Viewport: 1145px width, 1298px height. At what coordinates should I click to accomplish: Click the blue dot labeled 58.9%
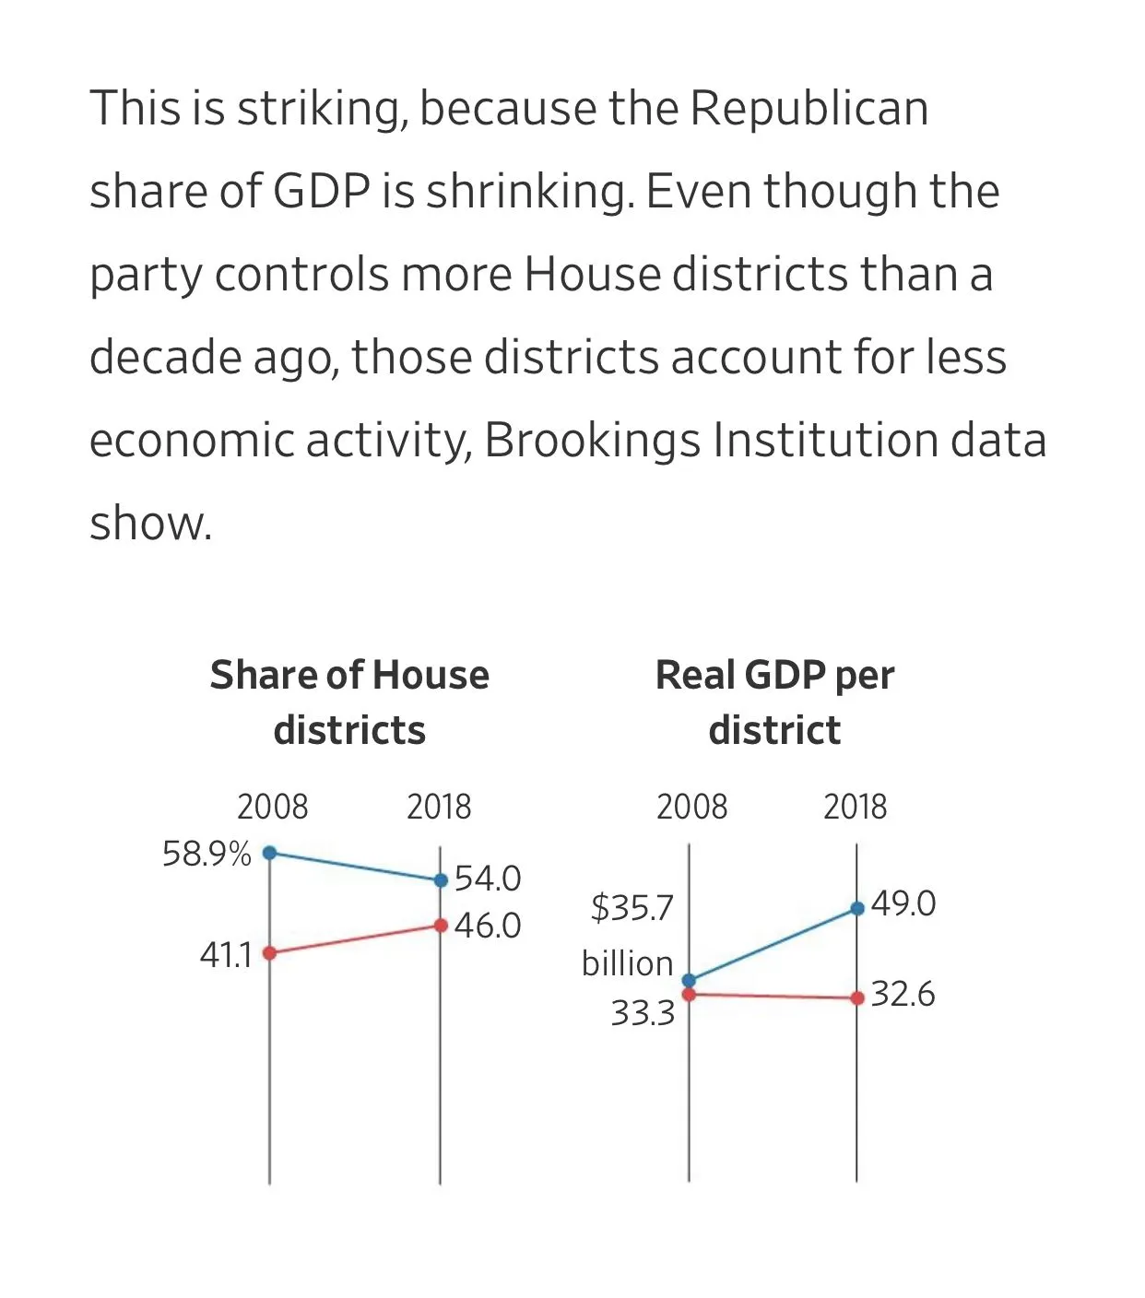tap(270, 853)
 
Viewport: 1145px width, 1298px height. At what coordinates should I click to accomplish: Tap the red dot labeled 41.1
tap(270, 953)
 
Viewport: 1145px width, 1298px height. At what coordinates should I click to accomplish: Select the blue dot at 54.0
tap(441, 880)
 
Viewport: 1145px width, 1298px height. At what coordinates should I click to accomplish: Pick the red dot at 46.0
tap(441, 926)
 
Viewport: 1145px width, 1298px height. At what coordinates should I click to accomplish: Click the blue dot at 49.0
tap(857, 908)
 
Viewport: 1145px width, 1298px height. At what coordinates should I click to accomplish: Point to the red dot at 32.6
tap(857, 997)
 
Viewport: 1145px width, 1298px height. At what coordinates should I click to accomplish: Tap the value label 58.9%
tap(207, 855)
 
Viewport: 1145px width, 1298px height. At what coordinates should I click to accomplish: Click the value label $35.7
tap(632, 908)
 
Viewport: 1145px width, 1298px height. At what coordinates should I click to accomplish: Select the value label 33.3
tap(643, 1013)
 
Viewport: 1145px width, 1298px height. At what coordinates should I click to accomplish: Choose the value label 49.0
tap(903, 903)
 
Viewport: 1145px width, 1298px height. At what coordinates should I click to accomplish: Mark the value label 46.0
tap(488, 926)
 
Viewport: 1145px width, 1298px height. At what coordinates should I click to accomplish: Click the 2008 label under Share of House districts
tap(272, 807)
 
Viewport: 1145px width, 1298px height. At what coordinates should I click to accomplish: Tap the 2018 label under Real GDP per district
tap(855, 807)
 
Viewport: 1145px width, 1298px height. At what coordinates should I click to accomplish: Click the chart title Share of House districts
tap(349, 702)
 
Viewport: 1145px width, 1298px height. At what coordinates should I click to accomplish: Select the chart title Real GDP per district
tap(774, 702)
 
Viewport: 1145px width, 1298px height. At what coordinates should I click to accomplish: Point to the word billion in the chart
tap(627, 963)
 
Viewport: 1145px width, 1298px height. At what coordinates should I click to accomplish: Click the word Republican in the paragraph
tap(809, 108)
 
